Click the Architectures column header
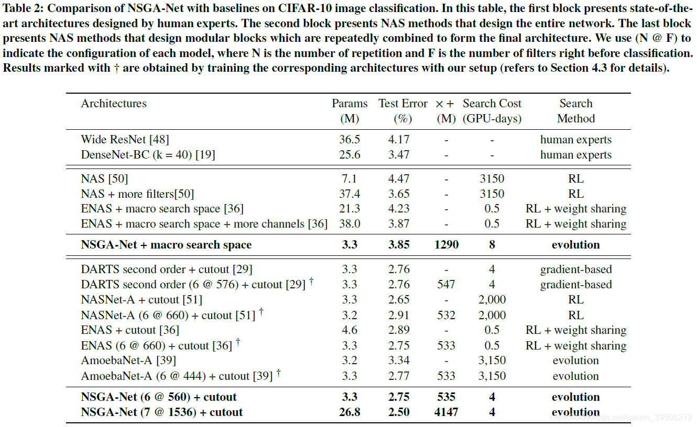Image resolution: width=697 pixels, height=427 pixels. click(x=114, y=104)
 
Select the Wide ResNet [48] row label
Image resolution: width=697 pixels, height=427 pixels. click(x=125, y=140)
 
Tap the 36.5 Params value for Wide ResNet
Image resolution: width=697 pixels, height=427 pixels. click(x=350, y=140)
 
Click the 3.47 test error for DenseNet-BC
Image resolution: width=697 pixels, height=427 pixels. click(x=399, y=155)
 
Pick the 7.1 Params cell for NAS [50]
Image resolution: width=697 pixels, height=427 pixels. click(x=350, y=179)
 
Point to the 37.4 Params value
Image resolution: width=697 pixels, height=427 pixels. click(x=350, y=194)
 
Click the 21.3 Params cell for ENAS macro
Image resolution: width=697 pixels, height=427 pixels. click(x=350, y=209)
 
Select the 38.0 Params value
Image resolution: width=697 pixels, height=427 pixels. click(x=350, y=224)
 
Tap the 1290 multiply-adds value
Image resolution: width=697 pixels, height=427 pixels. click(x=446, y=245)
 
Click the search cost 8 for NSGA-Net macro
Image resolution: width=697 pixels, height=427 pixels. click(x=492, y=245)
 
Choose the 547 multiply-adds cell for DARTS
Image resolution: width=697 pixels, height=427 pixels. click(x=446, y=285)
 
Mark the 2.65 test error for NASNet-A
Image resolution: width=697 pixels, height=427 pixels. click(x=399, y=300)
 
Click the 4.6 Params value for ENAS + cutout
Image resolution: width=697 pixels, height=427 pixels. click(x=350, y=330)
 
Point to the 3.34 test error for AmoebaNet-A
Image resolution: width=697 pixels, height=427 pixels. click(x=399, y=361)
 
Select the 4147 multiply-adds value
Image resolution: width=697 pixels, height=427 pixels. click(x=446, y=412)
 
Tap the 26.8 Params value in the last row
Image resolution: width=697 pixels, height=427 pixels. click(x=350, y=412)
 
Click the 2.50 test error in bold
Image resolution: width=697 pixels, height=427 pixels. click(x=399, y=412)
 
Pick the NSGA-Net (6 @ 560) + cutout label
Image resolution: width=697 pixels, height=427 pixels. click(x=159, y=397)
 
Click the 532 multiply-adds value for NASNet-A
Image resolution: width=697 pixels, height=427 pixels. click(x=446, y=316)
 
